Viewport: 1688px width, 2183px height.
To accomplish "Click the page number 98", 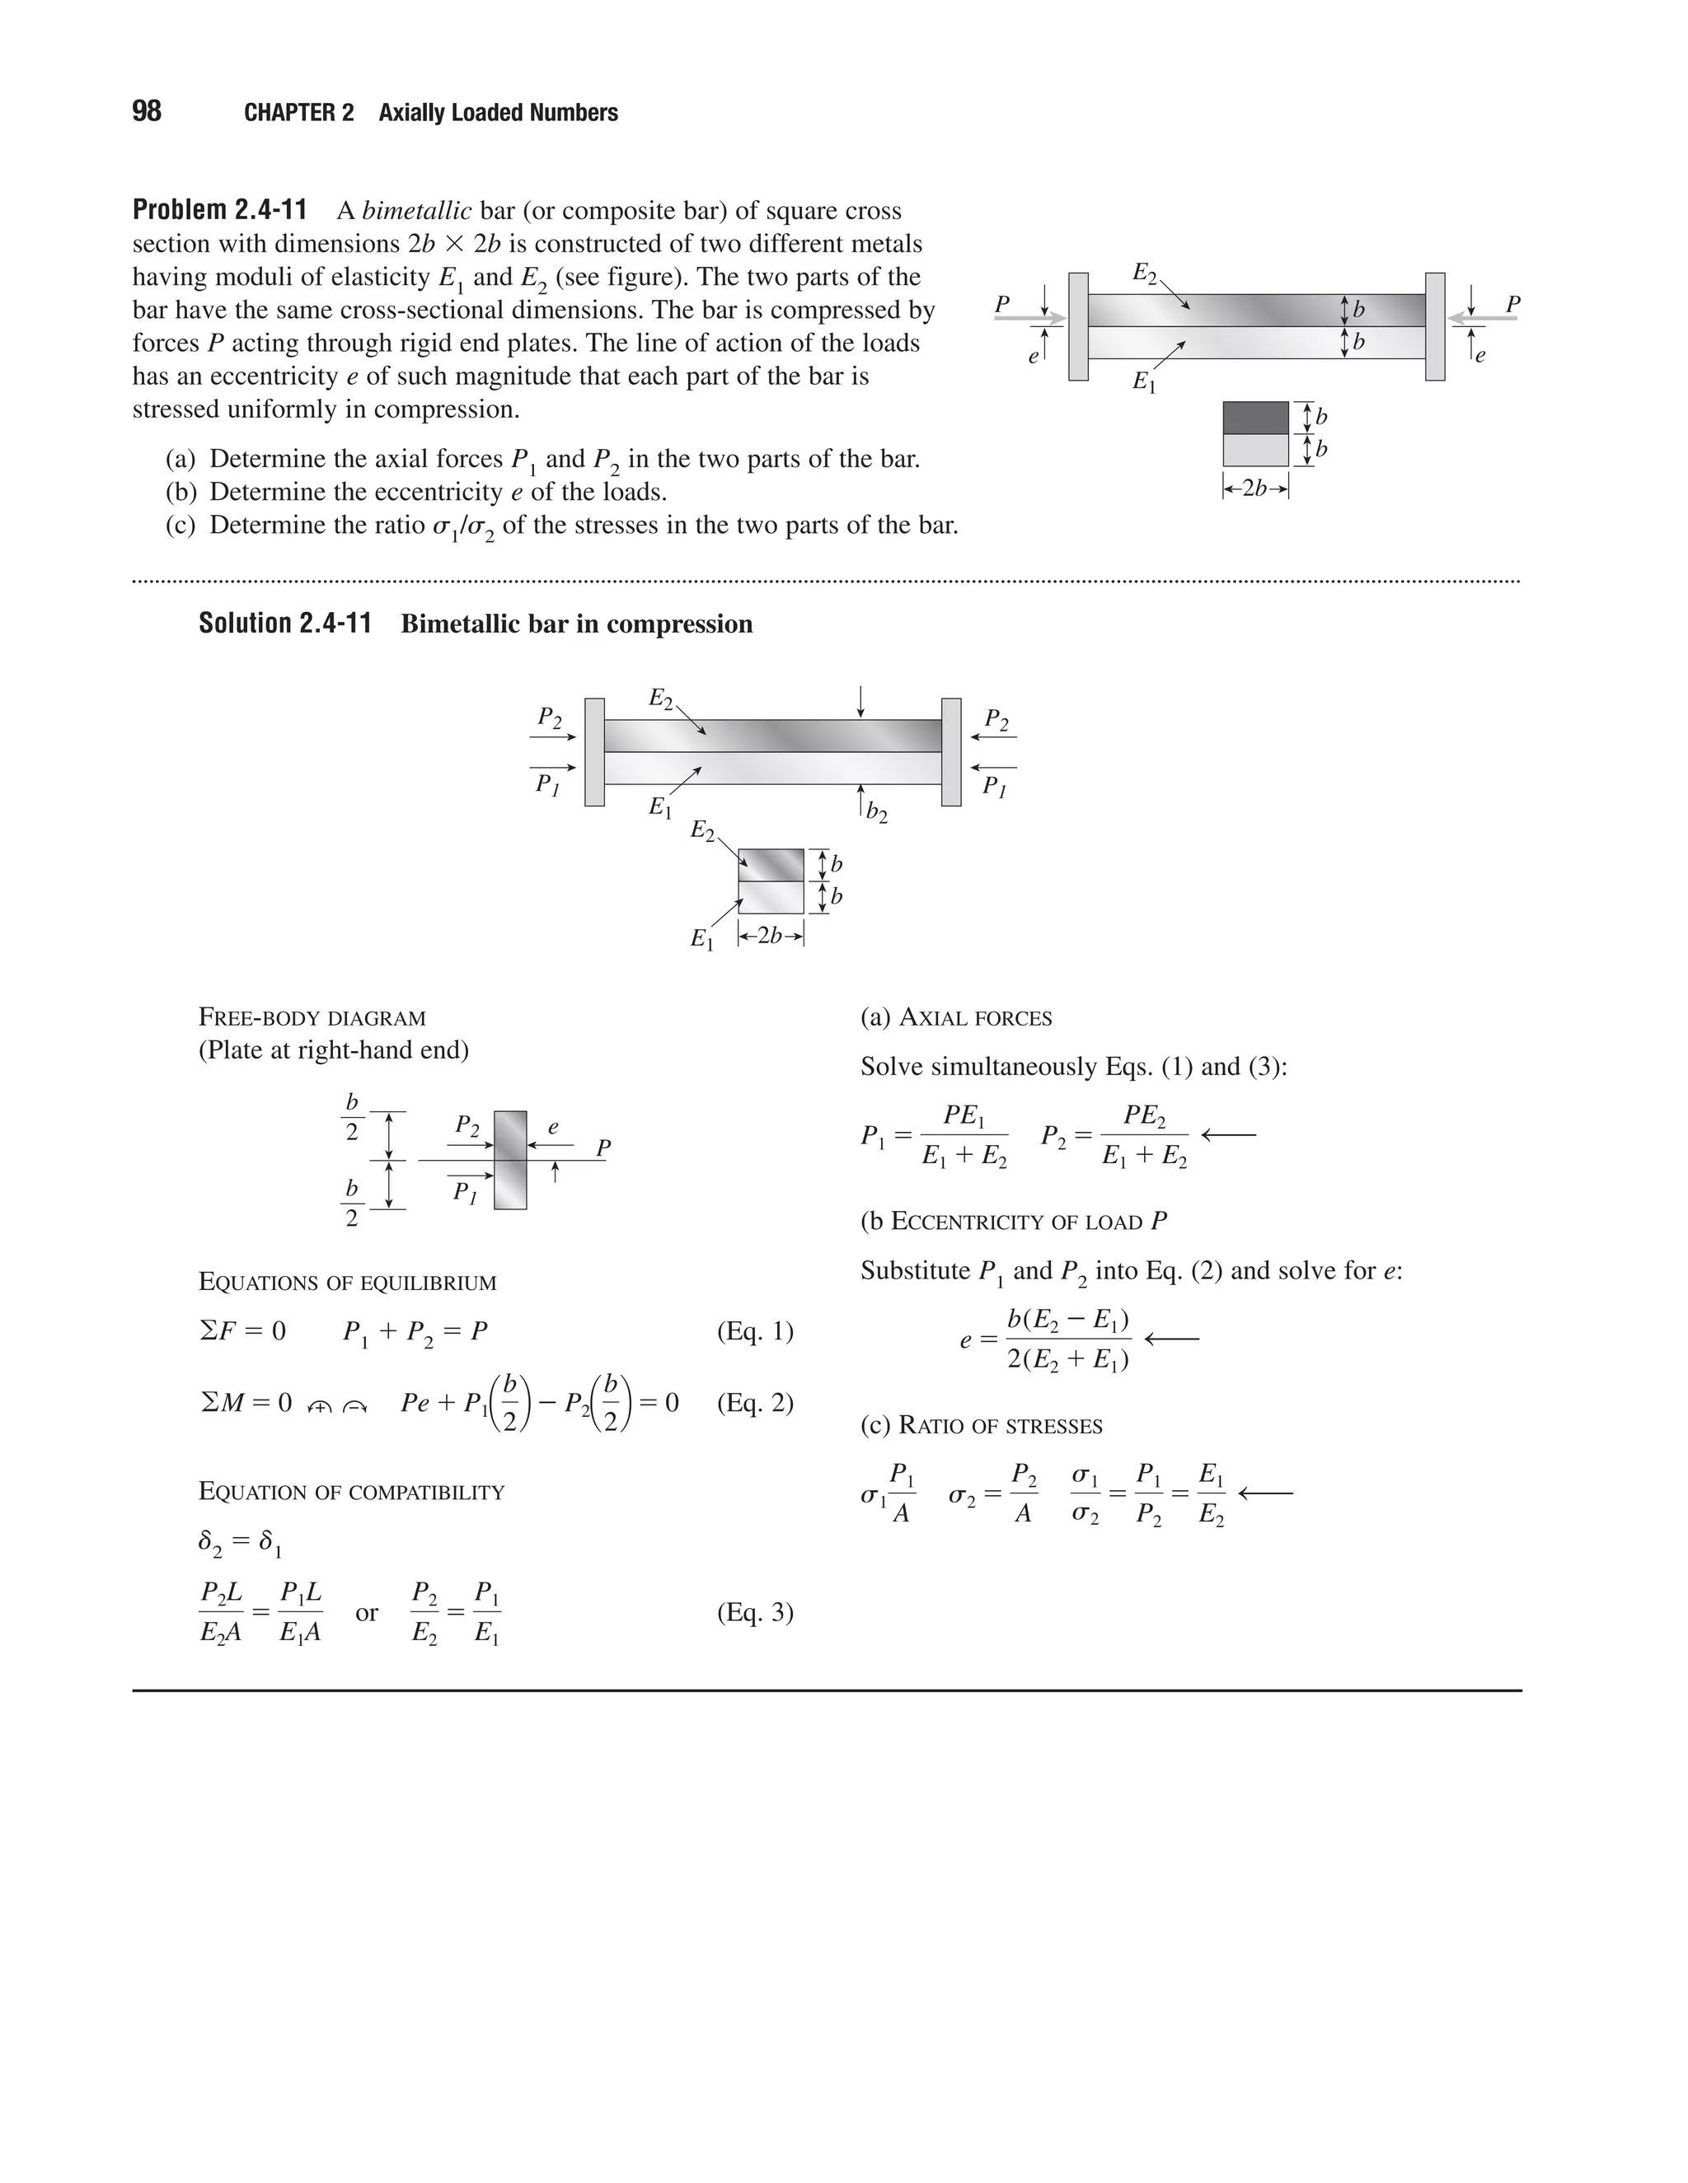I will (x=146, y=111).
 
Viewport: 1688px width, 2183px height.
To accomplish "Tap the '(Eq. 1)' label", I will (x=755, y=1331).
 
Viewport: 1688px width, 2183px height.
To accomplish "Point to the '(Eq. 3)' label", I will (x=755, y=1612).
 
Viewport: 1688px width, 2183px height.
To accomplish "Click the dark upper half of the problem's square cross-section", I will (x=1255, y=418).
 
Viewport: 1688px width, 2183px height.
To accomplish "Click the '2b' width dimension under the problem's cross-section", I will (x=1255, y=488).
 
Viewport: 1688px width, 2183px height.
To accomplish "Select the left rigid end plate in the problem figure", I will (x=1078, y=326).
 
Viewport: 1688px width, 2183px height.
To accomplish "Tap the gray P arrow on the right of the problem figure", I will (x=1484, y=318).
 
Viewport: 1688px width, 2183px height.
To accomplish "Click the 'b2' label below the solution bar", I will (x=876, y=811).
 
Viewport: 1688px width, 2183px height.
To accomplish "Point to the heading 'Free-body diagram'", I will (x=312, y=1017).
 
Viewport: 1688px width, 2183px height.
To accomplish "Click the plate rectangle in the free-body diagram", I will (x=510, y=1160).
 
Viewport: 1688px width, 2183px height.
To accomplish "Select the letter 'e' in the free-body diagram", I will (x=553, y=1126).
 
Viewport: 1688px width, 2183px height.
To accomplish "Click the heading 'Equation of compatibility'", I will (x=351, y=1491).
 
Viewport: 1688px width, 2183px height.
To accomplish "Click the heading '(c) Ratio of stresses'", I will (x=981, y=1425).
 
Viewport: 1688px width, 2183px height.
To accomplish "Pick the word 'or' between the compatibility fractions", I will (x=367, y=1612).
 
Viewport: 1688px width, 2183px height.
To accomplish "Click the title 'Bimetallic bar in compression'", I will (x=576, y=624).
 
